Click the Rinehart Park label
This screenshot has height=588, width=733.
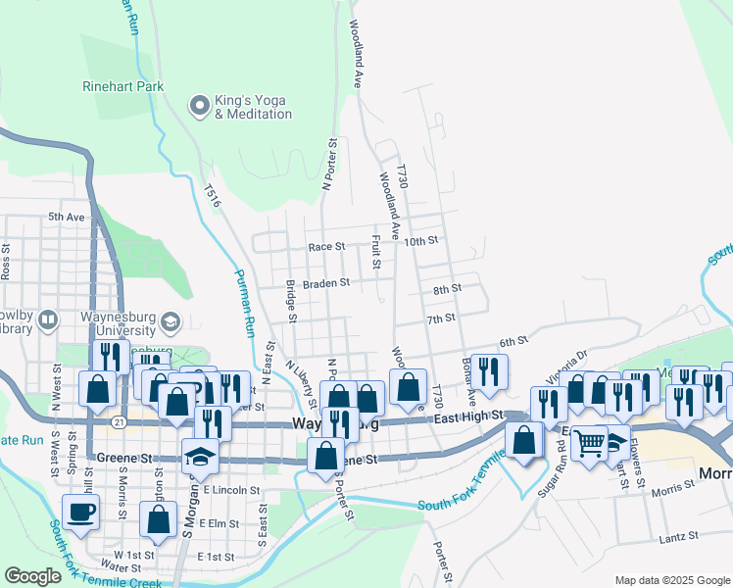pos(122,86)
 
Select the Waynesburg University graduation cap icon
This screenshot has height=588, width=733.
pos(171,321)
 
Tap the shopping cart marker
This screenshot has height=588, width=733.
pos(590,443)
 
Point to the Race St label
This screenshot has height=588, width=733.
pos(326,248)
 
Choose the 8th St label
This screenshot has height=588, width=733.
pos(447,289)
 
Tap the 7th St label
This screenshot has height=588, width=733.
pos(441,318)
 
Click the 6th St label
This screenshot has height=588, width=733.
pos(513,342)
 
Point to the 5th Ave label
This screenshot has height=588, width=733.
pos(67,217)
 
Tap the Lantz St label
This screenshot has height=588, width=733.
pos(678,536)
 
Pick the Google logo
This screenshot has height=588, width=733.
pos(32,576)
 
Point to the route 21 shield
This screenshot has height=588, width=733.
pos(118,421)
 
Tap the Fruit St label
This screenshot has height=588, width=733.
pos(375,249)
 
